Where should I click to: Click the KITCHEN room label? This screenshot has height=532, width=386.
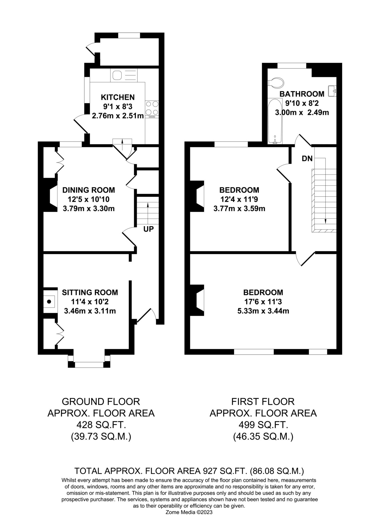tap(118, 97)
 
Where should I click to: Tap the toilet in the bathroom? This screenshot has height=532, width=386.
tap(276, 82)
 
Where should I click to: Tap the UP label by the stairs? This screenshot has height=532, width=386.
tap(148, 229)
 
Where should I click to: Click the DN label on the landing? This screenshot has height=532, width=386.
tap(307, 159)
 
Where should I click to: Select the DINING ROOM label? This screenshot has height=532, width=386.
tap(89, 190)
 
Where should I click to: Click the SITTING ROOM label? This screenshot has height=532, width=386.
tap(90, 292)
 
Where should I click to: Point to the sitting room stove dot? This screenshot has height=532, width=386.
tap(49, 301)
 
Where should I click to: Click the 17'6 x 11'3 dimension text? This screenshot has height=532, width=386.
tap(263, 302)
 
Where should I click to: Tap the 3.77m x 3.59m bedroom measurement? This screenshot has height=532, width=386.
tap(239, 208)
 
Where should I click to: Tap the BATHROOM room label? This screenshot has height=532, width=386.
tap(302, 94)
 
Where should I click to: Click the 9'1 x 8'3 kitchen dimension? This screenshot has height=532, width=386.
tap(118, 106)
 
